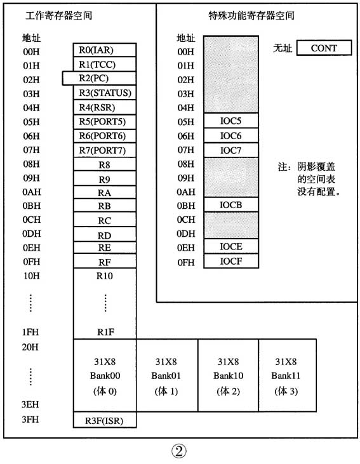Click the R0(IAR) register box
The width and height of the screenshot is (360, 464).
coord(105,50)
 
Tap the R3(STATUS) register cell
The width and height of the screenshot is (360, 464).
coord(105,93)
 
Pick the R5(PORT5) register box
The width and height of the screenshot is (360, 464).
coord(105,121)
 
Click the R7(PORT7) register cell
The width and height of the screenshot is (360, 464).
coord(105,150)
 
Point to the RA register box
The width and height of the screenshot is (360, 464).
coord(105,192)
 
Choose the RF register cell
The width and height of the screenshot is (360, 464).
coord(105,261)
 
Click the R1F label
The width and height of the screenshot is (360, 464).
coord(105,332)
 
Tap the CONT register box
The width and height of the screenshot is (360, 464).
coord(324,48)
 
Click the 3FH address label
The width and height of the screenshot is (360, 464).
coord(30,419)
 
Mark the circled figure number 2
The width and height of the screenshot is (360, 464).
coord(179,451)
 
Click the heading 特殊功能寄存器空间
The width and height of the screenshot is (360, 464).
coord(248,14)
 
